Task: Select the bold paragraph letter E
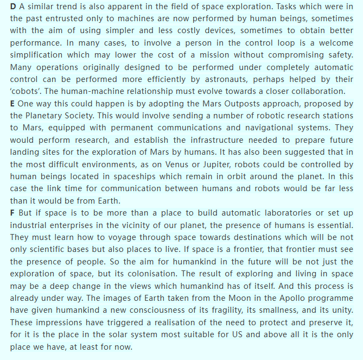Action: [x=13, y=103]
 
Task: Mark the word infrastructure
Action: [x=201, y=139]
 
